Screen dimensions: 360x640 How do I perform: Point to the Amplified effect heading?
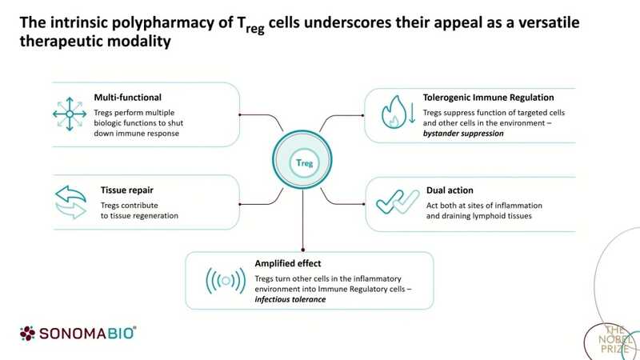tap(289, 262)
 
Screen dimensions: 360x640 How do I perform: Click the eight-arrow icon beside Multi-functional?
tap(70, 115)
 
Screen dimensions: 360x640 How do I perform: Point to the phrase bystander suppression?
tap(463, 135)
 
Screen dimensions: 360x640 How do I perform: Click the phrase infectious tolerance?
tap(292, 299)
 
